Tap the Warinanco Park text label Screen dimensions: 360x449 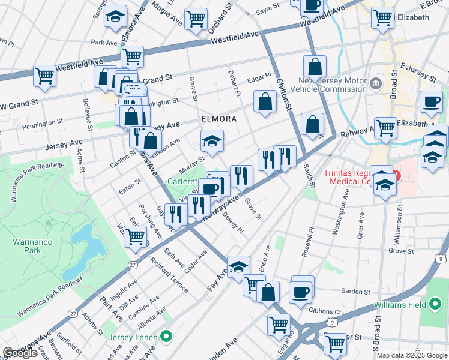pyautogui.click(x=26, y=246)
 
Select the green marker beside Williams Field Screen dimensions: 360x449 pyautogui.click(x=435, y=305)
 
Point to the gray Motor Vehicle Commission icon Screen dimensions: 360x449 pyautogui.click(x=376, y=82)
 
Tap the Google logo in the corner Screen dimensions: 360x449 pyautogui.click(x=20, y=353)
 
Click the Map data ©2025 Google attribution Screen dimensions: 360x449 pyautogui.click(x=412, y=355)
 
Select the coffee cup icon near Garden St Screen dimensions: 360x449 pyautogui.click(x=300, y=292)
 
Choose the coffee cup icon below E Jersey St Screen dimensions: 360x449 pyautogui.click(x=430, y=101)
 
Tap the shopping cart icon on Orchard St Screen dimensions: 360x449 pyautogui.click(x=196, y=19)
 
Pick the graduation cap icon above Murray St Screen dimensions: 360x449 pyautogui.click(x=211, y=141)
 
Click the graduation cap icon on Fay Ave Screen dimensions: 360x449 pyautogui.click(x=238, y=266)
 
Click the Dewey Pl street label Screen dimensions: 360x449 pyautogui.click(x=233, y=222)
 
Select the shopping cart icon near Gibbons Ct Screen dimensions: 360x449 pyautogui.click(x=279, y=324)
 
